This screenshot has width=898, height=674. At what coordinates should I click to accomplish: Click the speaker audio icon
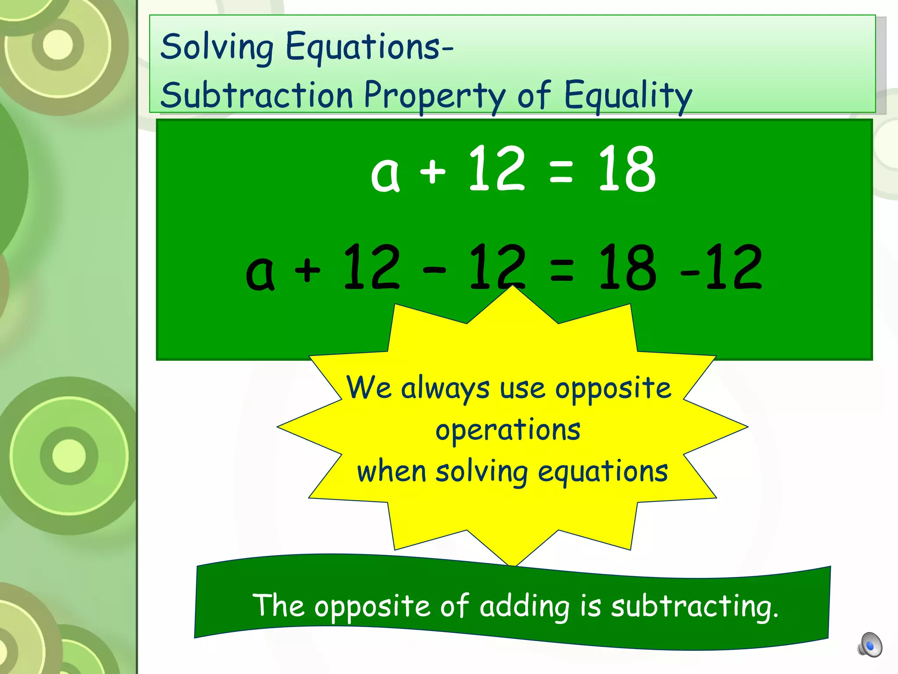(x=869, y=645)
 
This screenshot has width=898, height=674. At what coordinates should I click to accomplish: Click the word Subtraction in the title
(x=257, y=95)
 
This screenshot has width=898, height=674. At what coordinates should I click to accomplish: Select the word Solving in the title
(x=217, y=47)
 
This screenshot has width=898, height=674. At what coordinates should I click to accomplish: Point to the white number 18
(x=627, y=169)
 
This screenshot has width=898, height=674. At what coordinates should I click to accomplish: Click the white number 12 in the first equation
(x=496, y=169)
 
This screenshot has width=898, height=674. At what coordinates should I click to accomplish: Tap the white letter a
(x=385, y=175)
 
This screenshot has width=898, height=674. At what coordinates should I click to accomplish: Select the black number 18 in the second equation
(x=627, y=268)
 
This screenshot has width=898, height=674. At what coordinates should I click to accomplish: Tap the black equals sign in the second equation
(x=561, y=270)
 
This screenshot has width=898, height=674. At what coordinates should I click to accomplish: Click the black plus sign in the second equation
(x=308, y=270)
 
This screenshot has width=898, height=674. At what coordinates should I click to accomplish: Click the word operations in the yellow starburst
(x=508, y=430)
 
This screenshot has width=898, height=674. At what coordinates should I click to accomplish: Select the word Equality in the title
(x=628, y=95)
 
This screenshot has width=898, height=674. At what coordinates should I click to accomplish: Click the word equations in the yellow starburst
(x=602, y=472)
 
